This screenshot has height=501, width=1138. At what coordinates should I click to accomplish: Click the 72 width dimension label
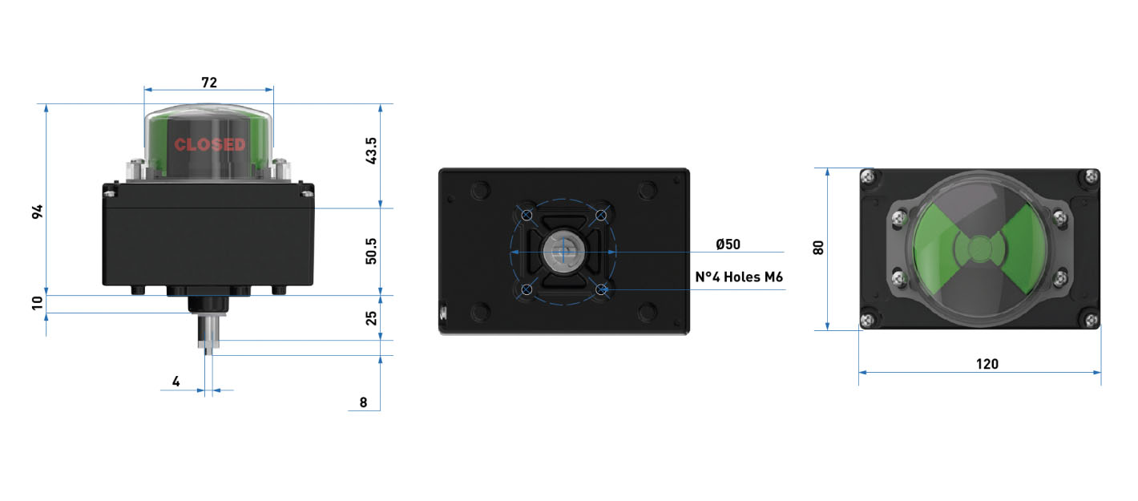(209, 83)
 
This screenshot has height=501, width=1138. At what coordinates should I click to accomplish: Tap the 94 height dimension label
(38, 212)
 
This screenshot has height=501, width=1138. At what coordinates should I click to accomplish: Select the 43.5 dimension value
(371, 151)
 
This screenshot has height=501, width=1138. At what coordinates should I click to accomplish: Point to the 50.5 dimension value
(371, 251)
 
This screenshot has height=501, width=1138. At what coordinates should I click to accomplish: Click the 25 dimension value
(371, 318)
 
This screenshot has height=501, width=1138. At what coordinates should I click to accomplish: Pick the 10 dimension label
(38, 303)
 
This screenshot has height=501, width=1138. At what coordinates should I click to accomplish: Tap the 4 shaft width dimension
(176, 382)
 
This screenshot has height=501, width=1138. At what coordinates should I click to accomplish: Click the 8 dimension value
(363, 402)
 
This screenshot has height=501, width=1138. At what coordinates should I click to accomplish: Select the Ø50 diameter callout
(728, 244)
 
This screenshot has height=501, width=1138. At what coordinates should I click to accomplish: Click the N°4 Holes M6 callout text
(739, 277)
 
